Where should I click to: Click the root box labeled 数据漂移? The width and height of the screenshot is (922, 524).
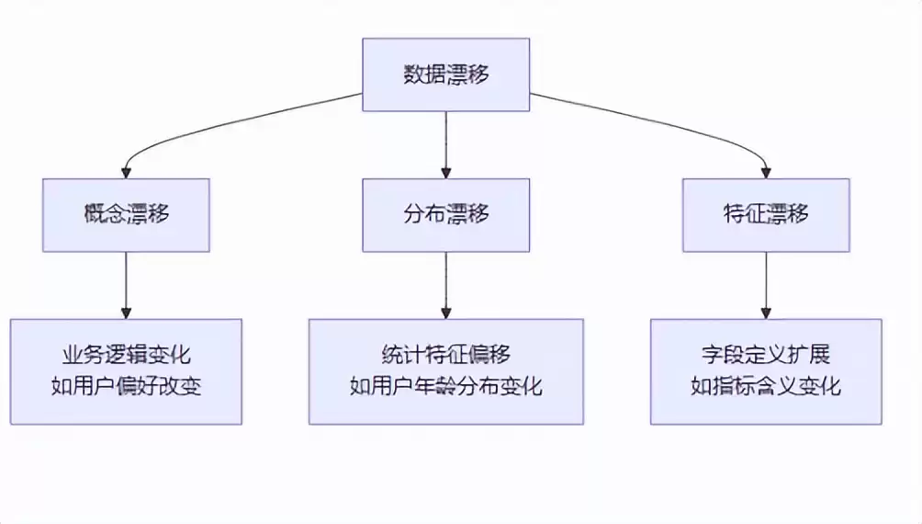(445, 74)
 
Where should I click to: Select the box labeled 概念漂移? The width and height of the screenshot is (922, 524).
(126, 214)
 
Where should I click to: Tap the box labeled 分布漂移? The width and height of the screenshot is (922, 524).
(445, 214)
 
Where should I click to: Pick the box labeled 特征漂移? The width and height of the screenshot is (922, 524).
(766, 214)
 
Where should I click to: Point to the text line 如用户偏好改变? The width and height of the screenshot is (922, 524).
(126, 386)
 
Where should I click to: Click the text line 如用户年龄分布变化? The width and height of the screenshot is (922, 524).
(445, 386)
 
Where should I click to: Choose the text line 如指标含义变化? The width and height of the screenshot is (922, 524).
(766, 386)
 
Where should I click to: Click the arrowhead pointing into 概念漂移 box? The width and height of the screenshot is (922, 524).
(126, 172)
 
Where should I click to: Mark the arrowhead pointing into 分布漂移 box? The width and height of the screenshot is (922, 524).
(445, 172)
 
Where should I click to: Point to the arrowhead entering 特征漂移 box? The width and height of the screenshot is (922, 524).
(766, 172)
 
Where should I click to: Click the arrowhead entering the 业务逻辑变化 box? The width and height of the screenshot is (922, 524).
(126, 313)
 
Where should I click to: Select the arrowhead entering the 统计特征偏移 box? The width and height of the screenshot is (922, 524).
(445, 313)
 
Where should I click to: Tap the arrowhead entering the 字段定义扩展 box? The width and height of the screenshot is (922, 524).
(766, 313)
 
